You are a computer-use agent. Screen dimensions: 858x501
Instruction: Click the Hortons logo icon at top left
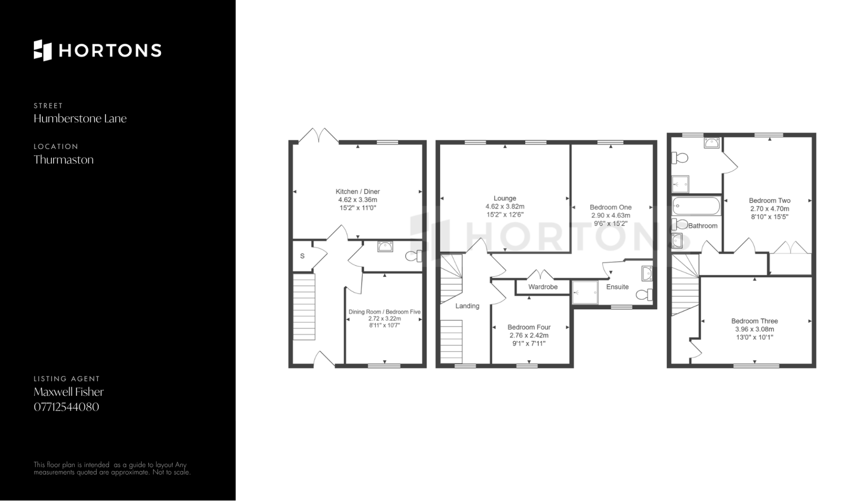pyautogui.click(x=43, y=50)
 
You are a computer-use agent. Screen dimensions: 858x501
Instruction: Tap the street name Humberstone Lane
pyautogui.click(x=80, y=119)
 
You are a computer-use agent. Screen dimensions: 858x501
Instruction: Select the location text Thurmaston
pyautogui.click(x=63, y=160)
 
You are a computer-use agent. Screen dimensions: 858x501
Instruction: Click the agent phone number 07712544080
pyautogui.click(x=66, y=407)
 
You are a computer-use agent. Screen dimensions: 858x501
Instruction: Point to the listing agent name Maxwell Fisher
pyautogui.click(x=68, y=392)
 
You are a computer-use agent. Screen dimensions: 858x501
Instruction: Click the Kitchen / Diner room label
pyautogui.click(x=357, y=191)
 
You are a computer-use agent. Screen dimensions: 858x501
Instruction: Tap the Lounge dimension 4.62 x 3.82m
pyautogui.click(x=505, y=207)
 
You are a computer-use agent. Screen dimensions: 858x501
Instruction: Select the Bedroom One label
pyautogui.click(x=610, y=207)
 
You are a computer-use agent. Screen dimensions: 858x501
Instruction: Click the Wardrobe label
pyautogui.click(x=543, y=287)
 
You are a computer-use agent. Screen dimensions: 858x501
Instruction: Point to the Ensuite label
pyautogui.click(x=617, y=287)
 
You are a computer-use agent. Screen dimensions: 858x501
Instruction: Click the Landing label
pyautogui.click(x=467, y=306)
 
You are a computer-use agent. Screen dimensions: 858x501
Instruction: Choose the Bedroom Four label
pyautogui.click(x=529, y=327)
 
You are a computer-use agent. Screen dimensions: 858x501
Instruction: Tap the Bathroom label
pyautogui.click(x=703, y=226)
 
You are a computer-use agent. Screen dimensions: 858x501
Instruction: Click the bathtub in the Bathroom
pyautogui.click(x=696, y=206)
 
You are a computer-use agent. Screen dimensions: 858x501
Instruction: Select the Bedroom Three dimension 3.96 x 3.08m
pyautogui.click(x=755, y=329)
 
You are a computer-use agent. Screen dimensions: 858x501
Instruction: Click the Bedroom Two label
pyautogui.click(x=770, y=200)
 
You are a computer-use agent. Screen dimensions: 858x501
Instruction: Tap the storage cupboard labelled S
pyautogui.click(x=303, y=256)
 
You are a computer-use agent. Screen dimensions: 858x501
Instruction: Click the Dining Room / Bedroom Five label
pyautogui.click(x=384, y=312)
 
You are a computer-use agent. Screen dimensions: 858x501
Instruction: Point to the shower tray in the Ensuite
pyautogui.click(x=585, y=293)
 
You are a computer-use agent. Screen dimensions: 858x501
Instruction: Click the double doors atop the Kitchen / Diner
pyautogui.click(x=319, y=136)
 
